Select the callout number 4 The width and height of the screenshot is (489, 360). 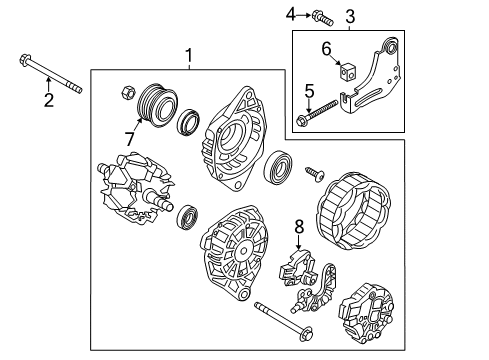[x=292, y=14]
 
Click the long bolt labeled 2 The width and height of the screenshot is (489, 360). [x=49, y=75]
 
